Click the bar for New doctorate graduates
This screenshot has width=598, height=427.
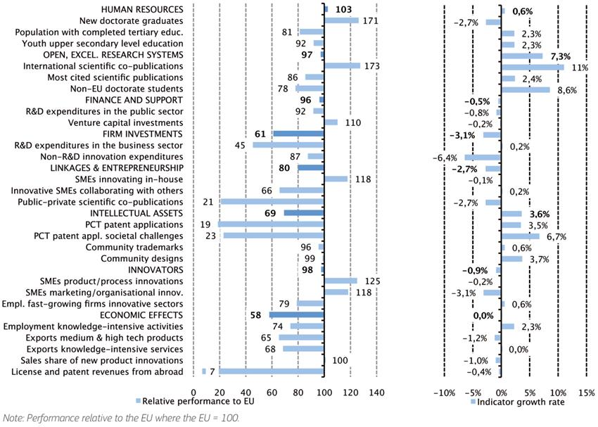[x=342, y=21]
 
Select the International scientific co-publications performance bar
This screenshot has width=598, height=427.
[x=343, y=66]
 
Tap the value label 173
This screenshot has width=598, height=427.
[x=371, y=66]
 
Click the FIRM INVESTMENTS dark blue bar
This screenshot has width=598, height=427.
[x=298, y=134]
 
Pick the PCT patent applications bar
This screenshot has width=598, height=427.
[x=271, y=224]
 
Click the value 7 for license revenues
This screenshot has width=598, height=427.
[x=212, y=371]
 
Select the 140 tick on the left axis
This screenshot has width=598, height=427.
[x=376, y=391]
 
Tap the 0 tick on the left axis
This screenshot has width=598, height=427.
[x=193, y=391]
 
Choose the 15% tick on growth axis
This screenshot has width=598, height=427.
[x=585, y=391]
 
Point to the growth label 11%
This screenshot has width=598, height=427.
[x=579, y=67]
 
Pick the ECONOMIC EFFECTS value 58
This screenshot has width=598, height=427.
[x=256, y=315]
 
